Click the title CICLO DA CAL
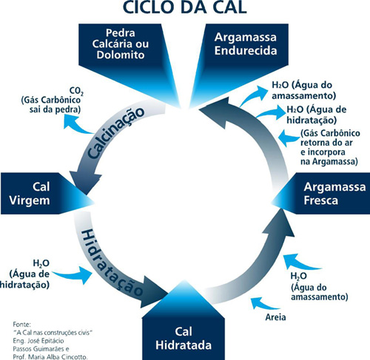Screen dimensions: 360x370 [185, 10]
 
